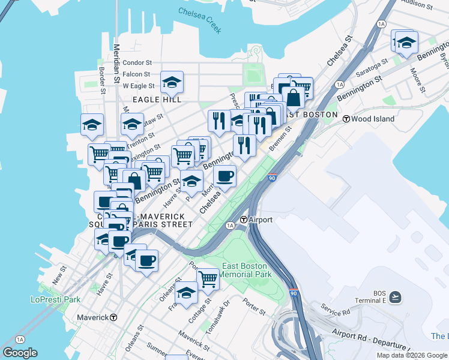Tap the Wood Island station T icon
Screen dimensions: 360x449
click(x=346, y=119)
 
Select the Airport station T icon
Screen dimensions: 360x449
click(x=244, y=220)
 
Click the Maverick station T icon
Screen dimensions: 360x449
click(x=113, y=317)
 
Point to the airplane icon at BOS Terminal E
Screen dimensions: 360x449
click(x=396, y=297)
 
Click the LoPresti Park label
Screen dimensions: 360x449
click(x=55, y=299)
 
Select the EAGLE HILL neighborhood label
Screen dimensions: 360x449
click(x=157, y=99)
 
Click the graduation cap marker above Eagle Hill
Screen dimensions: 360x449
click(x=172, y=82)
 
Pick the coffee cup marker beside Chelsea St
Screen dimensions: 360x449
click(x=225, y=176)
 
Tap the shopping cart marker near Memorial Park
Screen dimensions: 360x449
click(x=208, y=278)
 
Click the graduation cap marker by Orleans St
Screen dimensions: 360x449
click(x=187, y=293)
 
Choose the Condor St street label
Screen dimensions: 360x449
click(x=137, y=62)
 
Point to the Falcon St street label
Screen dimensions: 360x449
click(x=136, y=74)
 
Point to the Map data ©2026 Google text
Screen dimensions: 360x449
click(x=411, y=355)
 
